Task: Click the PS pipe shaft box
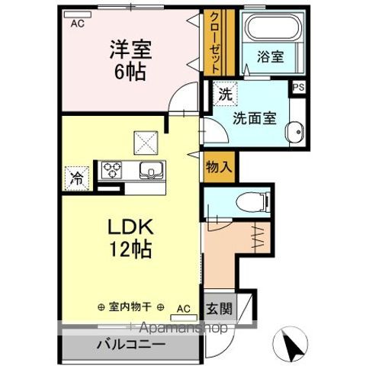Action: pos(298,87)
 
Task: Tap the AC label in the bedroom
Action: pos(77,23)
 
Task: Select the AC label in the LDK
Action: pos(183,308)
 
